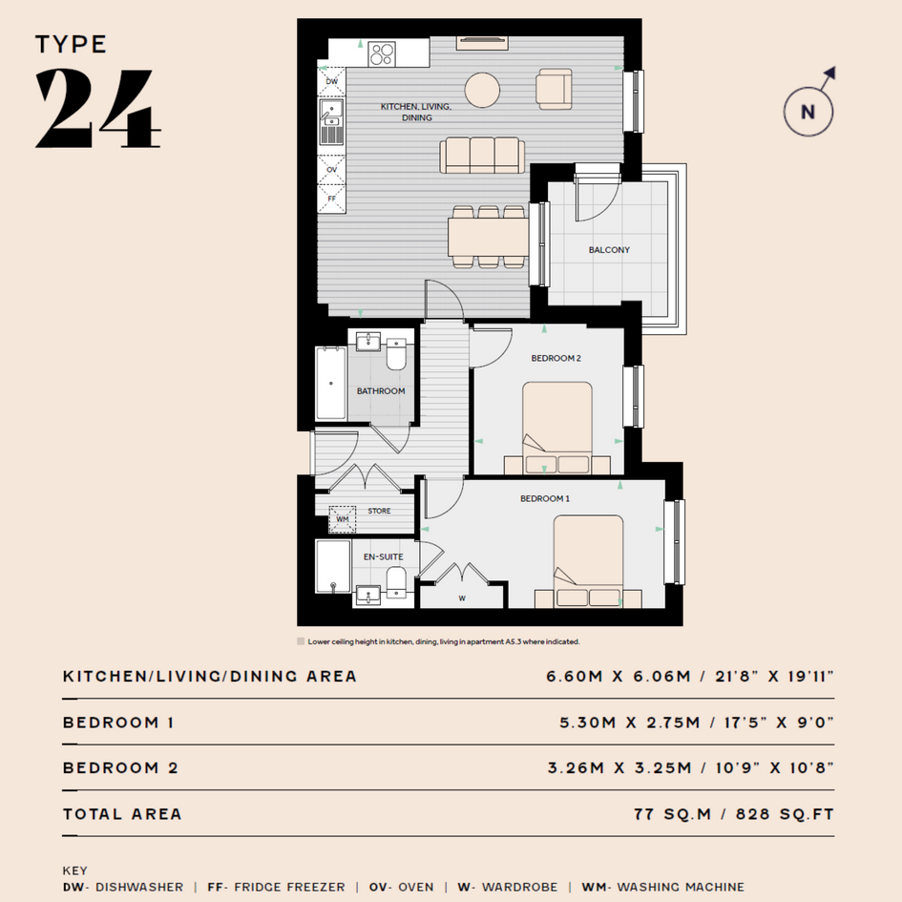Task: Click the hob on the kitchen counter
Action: pyautogui.click(x=382, y=54)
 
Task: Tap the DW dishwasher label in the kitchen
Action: pyautogui.click(x=332, y=82)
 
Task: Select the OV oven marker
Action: pyautogui.click(x=332, y=170)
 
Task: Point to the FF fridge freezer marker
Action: pyautogui.click(x=332, y=199)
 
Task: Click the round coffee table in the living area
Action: pyautogui.click(x=482, y=90)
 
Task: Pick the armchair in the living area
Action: pyautogui.click(x=554, y=89)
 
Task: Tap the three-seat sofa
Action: pyautogui.click(x=482, y=155)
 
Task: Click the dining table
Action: pyautogui.click(x=489, y=237)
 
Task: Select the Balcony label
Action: pyautogui.click(x=609, y=250)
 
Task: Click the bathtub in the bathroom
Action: pyautogui.click(x=331, y=383)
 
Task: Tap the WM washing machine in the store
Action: pyautogui.click(x=343, y=519)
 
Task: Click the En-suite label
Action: pyautogui.click(x=383, y=556)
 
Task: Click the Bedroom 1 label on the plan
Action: pyautogui.click(x=545, y=499)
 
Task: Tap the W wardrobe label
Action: pyautogui.click(x=462, y=598)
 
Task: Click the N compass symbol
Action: pyautogui.click(x=808, y=112)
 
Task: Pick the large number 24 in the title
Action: pyautogui.click(x=97, y=108)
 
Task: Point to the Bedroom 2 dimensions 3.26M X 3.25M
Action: pyautogui.click(x=619, y=768)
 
